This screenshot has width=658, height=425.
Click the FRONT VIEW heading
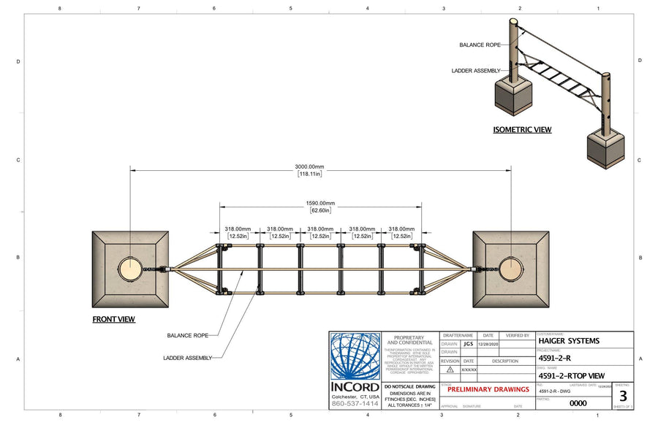[x=113, y=319]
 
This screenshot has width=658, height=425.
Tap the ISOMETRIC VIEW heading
[x=522, y=130]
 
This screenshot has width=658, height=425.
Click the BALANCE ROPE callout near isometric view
[x=480, y=45]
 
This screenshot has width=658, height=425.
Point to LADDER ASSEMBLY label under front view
[x=187, y=358]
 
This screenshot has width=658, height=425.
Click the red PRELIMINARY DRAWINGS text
[x=488, y=389]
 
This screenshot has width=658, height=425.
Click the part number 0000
[x=578, y=402]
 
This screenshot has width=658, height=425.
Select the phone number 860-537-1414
[x=355, y=403]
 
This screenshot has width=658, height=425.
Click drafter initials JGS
[x=468, y=343]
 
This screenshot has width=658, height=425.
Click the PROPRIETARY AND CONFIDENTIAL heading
[x=409, y=340]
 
